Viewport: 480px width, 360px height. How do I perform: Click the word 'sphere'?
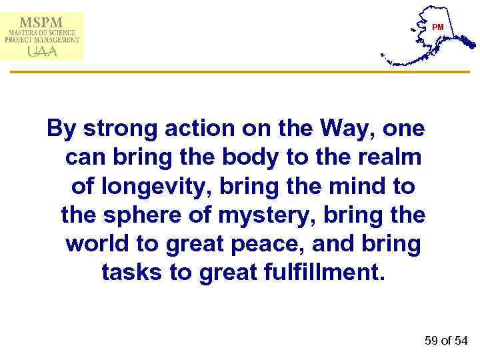(137, 215)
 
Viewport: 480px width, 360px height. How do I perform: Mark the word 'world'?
(97, 243)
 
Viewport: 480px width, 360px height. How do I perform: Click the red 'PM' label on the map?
(437, 27)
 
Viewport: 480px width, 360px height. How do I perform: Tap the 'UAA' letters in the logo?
(42, 51)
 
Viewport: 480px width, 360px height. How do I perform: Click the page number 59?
(432, 341)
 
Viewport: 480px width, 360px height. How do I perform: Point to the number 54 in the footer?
(461, 341)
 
